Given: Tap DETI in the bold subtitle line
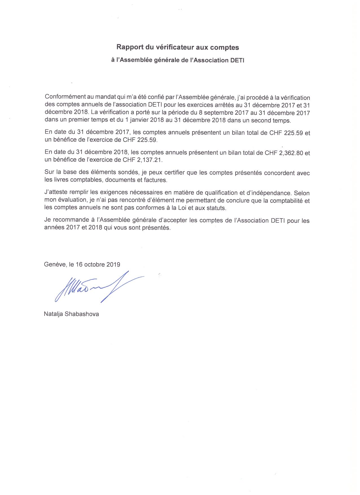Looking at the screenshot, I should (238, 60).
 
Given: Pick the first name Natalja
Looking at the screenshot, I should (53, 314).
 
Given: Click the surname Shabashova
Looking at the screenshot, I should (82, 314).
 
